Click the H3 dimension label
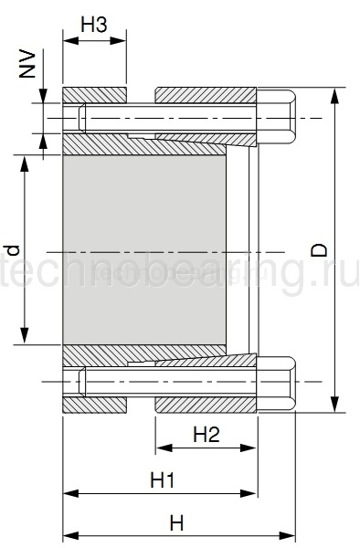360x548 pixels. tap(94, 25)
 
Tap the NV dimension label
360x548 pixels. tap(27, 65)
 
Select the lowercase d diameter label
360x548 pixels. tap(14, 250)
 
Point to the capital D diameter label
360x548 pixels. tap(319, 250)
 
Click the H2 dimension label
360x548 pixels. tap(206, 435)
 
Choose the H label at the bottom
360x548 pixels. tap(177, 523)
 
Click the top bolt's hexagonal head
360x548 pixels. tap(276, 117)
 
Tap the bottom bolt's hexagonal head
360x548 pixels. tap(276, 383)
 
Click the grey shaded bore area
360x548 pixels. tap(144, 249)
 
